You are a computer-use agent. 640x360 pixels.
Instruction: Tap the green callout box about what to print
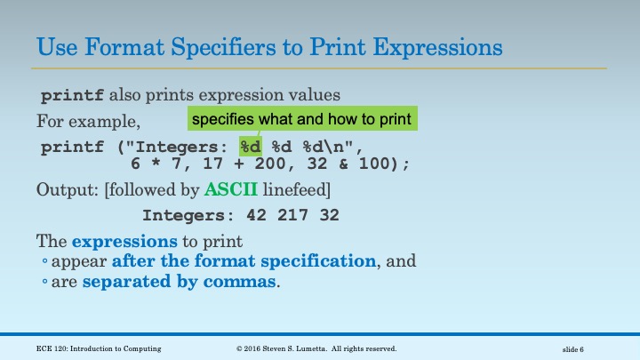pyautogui.click(x=302, y=119)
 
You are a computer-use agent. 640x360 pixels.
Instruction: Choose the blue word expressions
pyautogui.click(x=112, y=241)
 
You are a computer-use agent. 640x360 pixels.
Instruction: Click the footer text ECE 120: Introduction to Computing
pyautogui.click(x=100, y=348)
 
